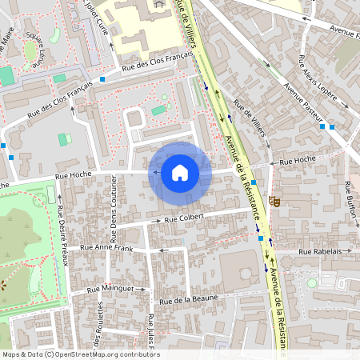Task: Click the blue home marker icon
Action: tap(180, 173)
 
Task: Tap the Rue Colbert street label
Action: tap(185, 217)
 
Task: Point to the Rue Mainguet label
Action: tap(111, 287)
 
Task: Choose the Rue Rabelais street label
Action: tap(319, 251)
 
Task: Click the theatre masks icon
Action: tap(274, 201)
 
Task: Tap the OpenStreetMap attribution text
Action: tap(80, 354)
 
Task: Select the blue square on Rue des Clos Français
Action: tap(102, 79)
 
